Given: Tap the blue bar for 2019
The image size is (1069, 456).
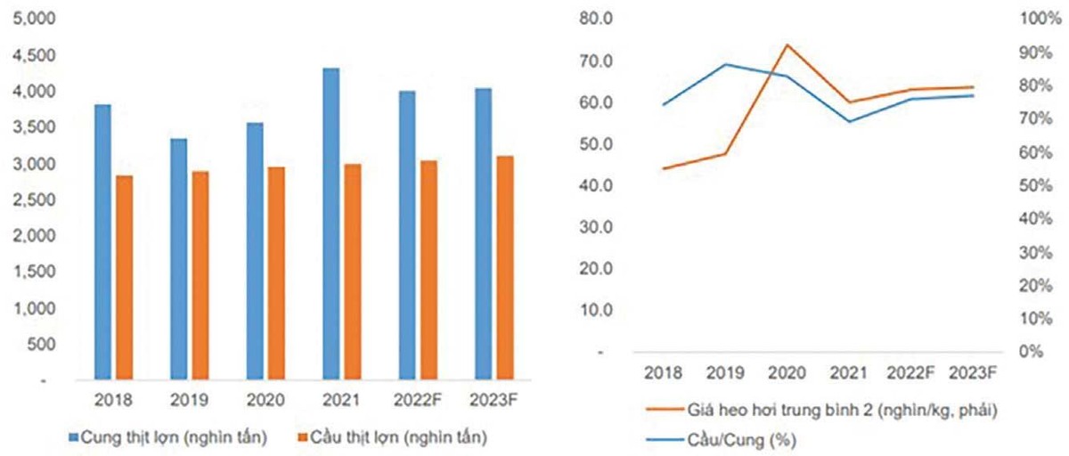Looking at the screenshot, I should click(x=179, y=259).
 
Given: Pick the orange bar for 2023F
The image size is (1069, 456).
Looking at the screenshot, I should click(x=505, y=268).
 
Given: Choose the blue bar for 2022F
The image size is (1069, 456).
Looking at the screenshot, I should click(x=407, y=235).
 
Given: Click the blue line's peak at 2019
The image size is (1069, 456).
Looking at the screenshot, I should click(x=726, y=64).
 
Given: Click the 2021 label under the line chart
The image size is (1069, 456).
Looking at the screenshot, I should click(x=847, y=371).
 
